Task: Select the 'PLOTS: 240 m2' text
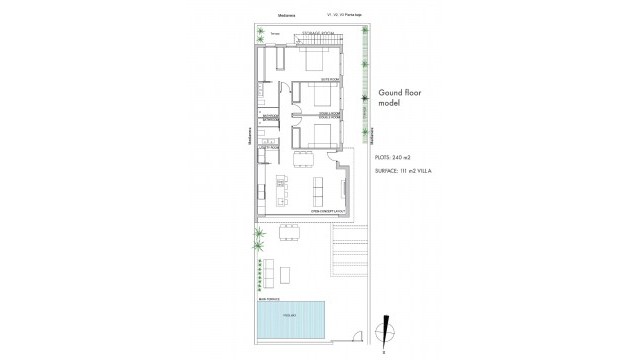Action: [x=395, y=158]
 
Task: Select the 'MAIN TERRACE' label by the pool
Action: [x=269, y=298]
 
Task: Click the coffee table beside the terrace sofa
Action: [x=287, y=271]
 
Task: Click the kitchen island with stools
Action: [x=281, y=186]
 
